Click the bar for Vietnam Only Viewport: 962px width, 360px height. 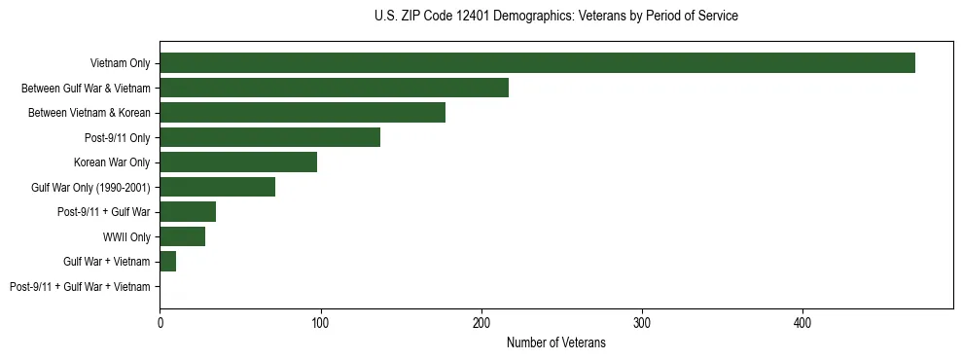pyautogui.click(x=537, y=63)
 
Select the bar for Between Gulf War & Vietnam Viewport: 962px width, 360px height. pyautogui.click(x=334, y=89)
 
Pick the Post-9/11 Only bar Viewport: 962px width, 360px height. pyautogui.click(x=269, y=137)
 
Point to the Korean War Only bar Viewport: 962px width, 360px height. pyautogui.click(x=238, y=162)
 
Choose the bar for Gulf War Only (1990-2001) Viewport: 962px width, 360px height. pyautogui.click(x=217, y=187)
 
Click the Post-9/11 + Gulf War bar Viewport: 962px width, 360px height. pyautogui.click(x=188, y=212)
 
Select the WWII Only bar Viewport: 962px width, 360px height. pyautogui.click(x=182, y=236)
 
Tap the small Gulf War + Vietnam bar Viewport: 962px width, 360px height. pyautogui.click(x=167, y=262)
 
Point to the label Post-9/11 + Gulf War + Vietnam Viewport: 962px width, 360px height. pyautogui.click(x=80, y=287)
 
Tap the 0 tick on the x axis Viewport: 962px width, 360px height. pyautogui.click(x=160, y=322)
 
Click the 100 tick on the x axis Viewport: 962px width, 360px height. pyautogui.click(x=320, y=322)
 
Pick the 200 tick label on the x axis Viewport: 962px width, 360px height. pyautogui.click(x=481, y=322)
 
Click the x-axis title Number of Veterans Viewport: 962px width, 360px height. pyautogui.click(x=555, y=343)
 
